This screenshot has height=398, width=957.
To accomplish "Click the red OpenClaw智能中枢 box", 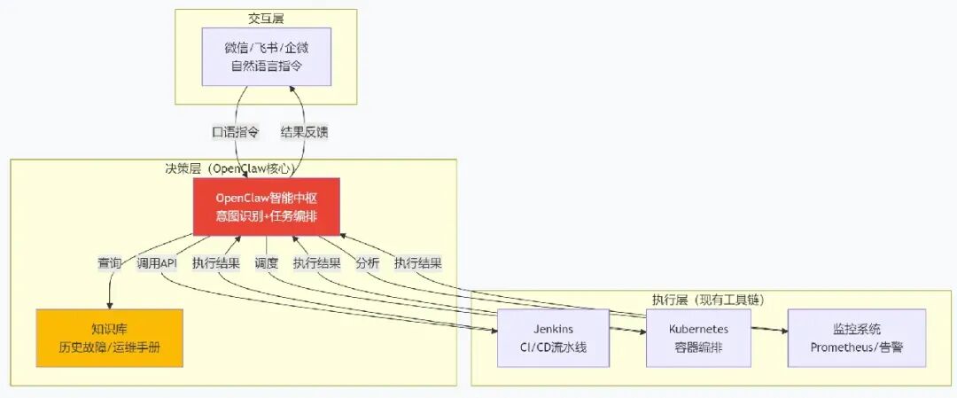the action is click(x=266, y=207).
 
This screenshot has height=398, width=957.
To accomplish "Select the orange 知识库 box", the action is click(x=109, y=338).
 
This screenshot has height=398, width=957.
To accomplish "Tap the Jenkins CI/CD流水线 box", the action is click(x=553, y=338).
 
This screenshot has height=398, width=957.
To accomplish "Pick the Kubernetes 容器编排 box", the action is click(x=698, y=338).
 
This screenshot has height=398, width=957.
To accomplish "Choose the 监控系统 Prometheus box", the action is click(x=857, y=338).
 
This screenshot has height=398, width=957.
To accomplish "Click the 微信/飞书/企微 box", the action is click(x=267, y=56).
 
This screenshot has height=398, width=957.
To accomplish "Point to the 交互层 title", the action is click(x=266, y=19).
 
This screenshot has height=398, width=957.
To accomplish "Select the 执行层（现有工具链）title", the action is click(x=708, y=300).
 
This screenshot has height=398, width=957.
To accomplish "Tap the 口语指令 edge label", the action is click(x=236, y=131).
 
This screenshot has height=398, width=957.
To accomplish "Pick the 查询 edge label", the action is click(x=109, y=263).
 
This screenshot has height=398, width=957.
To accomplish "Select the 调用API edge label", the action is click(x=157, y=263).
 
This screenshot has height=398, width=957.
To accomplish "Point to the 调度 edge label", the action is click(x=266, y=263).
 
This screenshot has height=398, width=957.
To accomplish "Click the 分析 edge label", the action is click(x=368, y=263).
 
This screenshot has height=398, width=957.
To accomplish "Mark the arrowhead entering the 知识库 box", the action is click(x=110, y=305).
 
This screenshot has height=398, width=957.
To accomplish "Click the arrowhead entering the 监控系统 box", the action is click(x=783, y=331).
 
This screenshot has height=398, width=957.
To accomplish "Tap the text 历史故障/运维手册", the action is click(x=109, y=347).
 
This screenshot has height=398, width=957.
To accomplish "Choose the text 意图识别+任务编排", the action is click(x=266, y=216).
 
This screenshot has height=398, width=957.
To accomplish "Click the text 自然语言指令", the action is click(x=267, y=66).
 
